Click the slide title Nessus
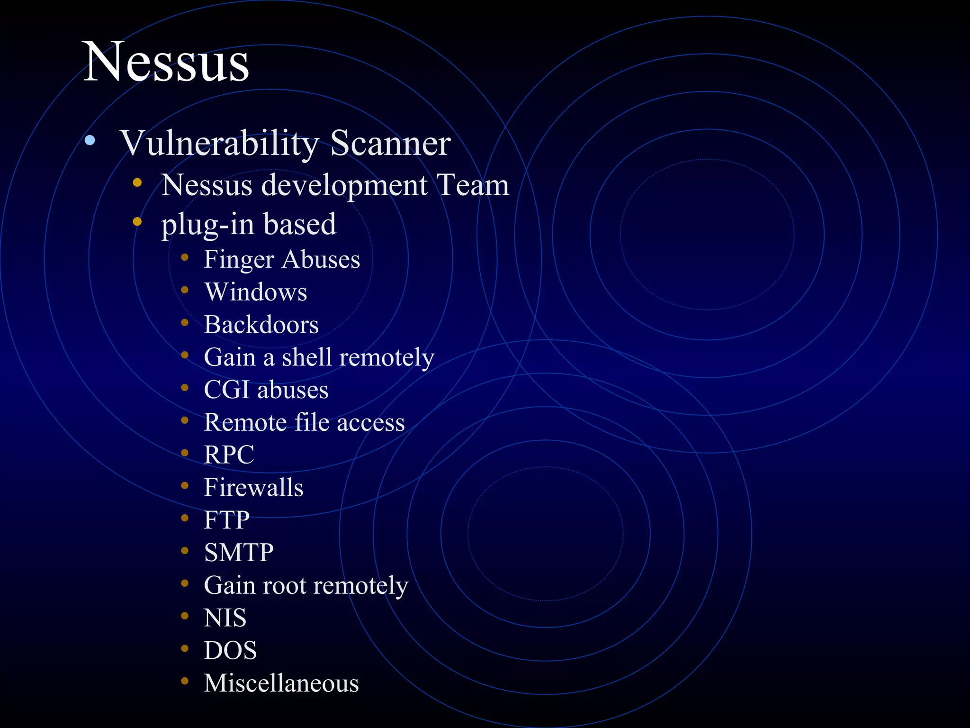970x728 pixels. click(x=166, y=63)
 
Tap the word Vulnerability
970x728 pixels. click(x=219, y=143)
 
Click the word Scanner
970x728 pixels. click(x=390, y=143)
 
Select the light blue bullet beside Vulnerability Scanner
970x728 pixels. click(x=90, y=140)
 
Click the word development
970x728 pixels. click(x=344, y=186)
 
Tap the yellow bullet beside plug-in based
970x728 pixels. click(x=137, y=221)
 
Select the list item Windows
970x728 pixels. click(x=256, y=292)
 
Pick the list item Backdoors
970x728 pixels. click(x=261, y=325)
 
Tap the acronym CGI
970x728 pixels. click(x=226, y=390)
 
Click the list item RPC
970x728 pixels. click(x=229, y=455)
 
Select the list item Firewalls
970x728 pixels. click(x=253, y=488)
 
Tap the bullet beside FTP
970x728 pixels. click(x=185, y=518)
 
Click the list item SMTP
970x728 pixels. click(x=239, y=553)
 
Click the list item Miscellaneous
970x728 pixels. click(x=281, y=683)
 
